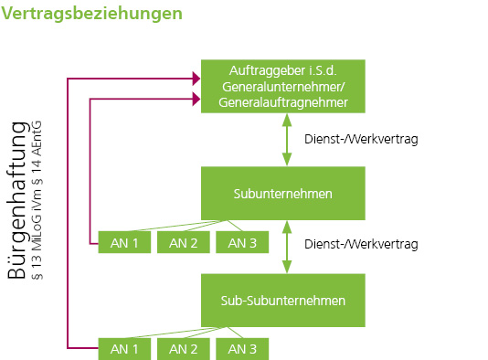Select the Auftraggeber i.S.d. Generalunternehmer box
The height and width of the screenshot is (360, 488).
(x=283, y=86)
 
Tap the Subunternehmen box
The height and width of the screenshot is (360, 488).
(x=283, y=193)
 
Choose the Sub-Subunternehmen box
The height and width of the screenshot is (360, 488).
(x=283, y=299)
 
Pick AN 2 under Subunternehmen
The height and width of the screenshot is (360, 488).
(x=184, y=242)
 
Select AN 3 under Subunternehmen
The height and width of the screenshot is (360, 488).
(x=242, y=242)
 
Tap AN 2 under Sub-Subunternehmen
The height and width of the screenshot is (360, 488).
(x=184, y=348)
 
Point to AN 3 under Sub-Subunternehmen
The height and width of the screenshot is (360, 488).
(x=242, y=348)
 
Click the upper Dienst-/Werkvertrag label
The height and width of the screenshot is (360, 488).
(x=360, y=140)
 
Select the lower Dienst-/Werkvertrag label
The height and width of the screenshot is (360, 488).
(x=360, y=245)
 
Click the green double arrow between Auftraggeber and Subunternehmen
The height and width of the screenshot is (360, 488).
(x=288, y=140)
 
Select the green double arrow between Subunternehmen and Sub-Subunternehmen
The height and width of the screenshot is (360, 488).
(x=288, y=245)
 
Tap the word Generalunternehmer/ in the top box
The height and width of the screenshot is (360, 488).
(x=283, y=87)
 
